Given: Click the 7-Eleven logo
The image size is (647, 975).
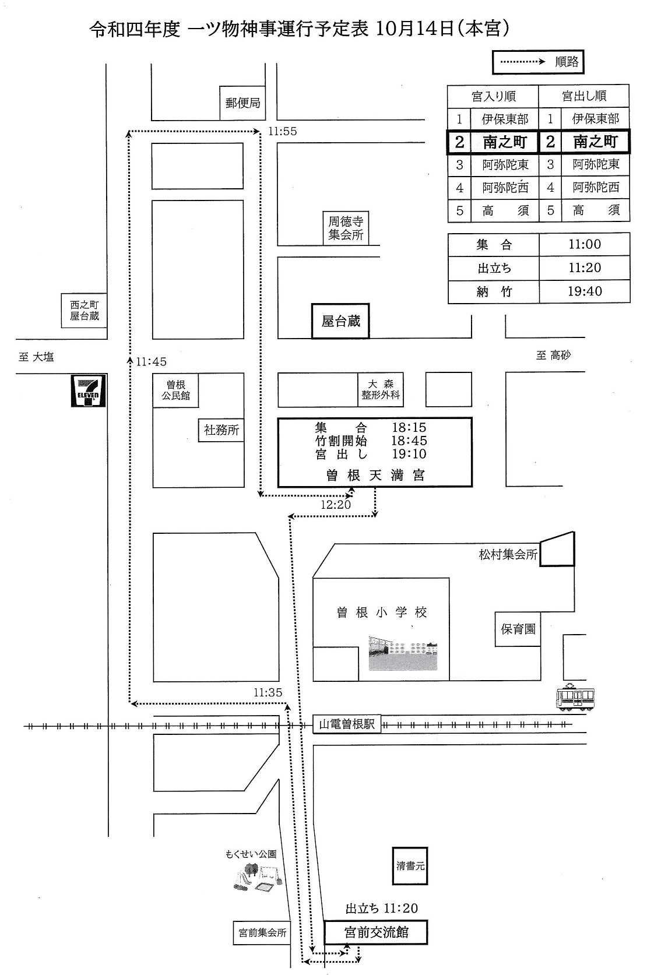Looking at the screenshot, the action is pos(89,390).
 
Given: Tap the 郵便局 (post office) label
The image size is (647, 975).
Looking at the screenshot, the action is pos(242,103).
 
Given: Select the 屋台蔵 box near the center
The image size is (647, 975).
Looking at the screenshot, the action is pos(340,321).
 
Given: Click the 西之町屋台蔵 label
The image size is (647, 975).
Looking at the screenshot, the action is pos(85,311).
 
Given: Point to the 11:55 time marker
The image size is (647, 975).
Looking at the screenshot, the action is pos(283,132).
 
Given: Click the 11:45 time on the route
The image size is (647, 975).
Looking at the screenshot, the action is pos(151,362).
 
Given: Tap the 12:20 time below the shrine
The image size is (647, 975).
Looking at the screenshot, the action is pos(336,505).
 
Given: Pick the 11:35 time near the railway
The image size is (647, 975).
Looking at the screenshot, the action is pos(268,692).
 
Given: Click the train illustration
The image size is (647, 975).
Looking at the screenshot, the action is pos(575,697).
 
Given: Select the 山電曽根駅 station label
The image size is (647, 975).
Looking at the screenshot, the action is pos(347,724).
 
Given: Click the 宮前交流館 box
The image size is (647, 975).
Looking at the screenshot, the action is pos(376,932).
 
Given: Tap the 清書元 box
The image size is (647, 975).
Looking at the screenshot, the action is pos(410,866).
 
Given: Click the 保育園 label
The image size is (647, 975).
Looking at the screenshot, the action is pos(518,629).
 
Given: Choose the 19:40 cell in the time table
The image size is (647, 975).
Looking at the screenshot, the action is pos(584,291).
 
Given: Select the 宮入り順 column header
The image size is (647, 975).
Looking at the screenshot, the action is pos(493,96).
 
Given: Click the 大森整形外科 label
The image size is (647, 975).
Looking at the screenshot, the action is pos(380,389).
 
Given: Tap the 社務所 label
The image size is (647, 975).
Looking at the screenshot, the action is pos(221,430).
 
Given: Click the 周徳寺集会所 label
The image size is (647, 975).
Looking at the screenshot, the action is pos(346,228).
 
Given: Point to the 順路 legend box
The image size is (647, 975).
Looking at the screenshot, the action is pos(538,62).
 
